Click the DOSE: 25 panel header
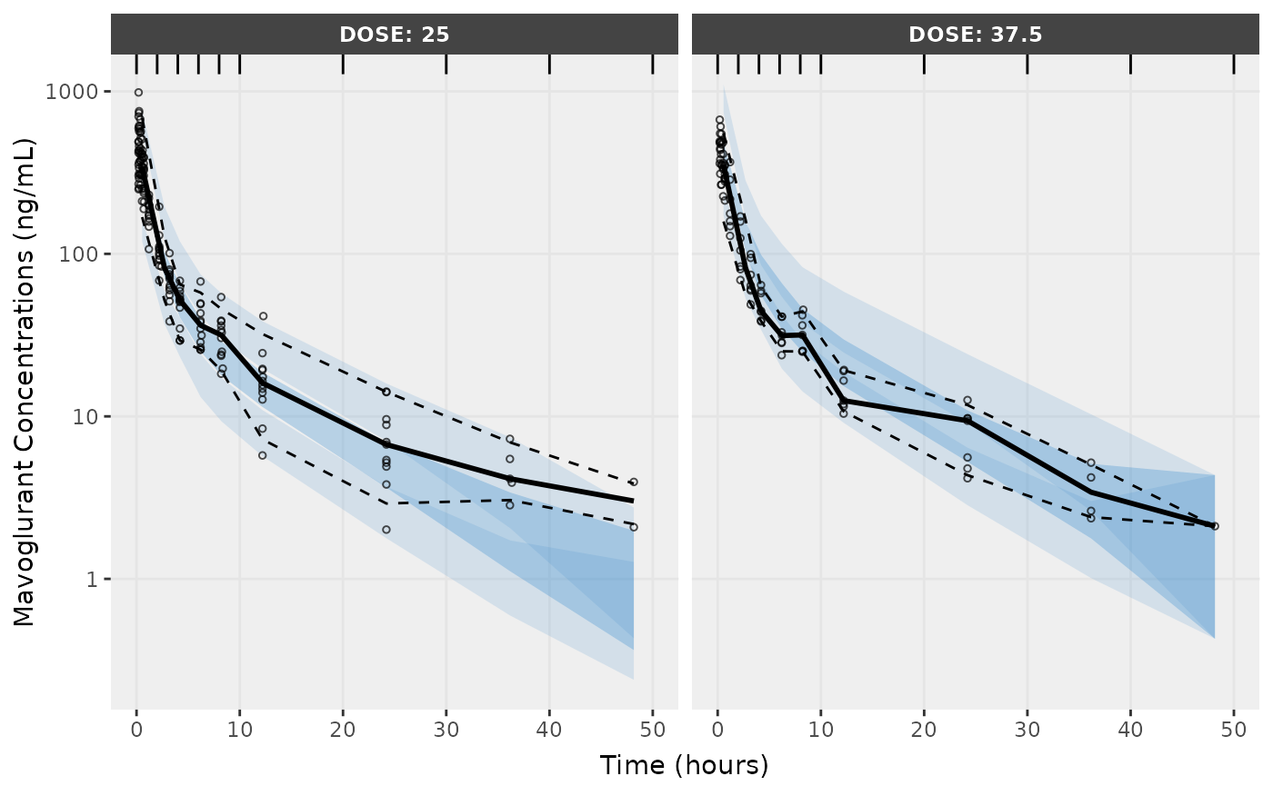click(x=394, y=35)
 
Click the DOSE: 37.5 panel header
click(x=975, y=35)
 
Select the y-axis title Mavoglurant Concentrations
click(x=25, y=382)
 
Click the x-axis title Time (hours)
click(x=684, y=765)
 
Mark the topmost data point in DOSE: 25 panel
click(x=138, y=92)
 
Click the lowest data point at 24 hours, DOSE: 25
click(x=386, y=530)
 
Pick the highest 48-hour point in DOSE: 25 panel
click(x=634, y=482)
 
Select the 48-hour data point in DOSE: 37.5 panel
click(x=1215, y=526)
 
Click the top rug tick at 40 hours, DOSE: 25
click(x=549, y=64)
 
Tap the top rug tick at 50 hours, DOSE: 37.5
click(x=1233, y=64)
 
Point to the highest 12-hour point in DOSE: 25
click(x=263, y=316)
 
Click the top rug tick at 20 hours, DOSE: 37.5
click(x=924, y=64)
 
